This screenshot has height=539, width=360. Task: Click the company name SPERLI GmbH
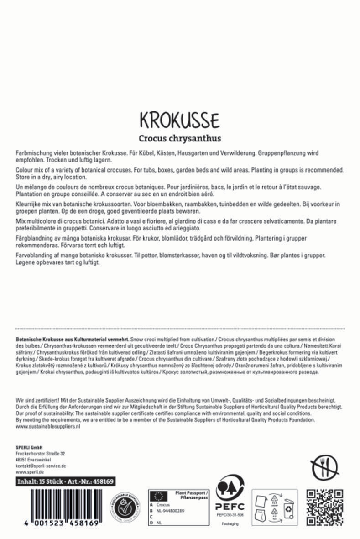pyautogui.click(x=29, y=447)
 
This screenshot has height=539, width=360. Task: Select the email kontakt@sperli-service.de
pyautogui.click(x=41, y=466)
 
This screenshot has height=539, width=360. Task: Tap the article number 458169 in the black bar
pyautogui.click(x=102, y=481)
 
